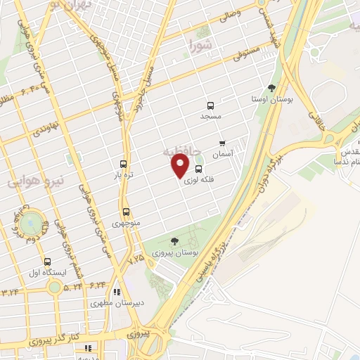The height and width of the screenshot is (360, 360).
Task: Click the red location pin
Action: point(181,165)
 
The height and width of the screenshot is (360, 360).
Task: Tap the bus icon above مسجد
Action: point(210,104)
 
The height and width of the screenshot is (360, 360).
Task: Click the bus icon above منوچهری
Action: point(126,212)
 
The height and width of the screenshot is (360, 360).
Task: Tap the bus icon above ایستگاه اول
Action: point(47,261)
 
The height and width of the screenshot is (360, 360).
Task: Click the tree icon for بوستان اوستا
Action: point(271,89)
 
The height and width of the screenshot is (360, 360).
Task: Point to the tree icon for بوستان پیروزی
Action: point(174,241)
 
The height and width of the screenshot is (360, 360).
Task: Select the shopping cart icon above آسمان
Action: point(222,143)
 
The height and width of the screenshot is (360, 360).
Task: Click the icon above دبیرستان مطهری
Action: point(117,292)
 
